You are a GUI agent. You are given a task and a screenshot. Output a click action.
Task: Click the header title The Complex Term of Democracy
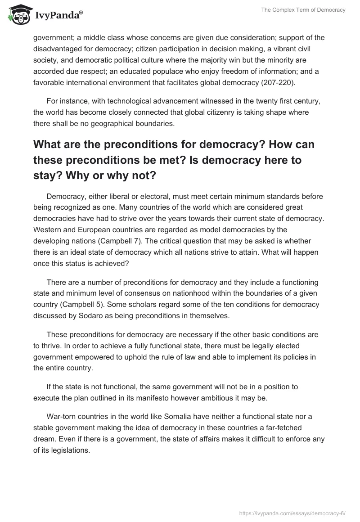tap(303, 10)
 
